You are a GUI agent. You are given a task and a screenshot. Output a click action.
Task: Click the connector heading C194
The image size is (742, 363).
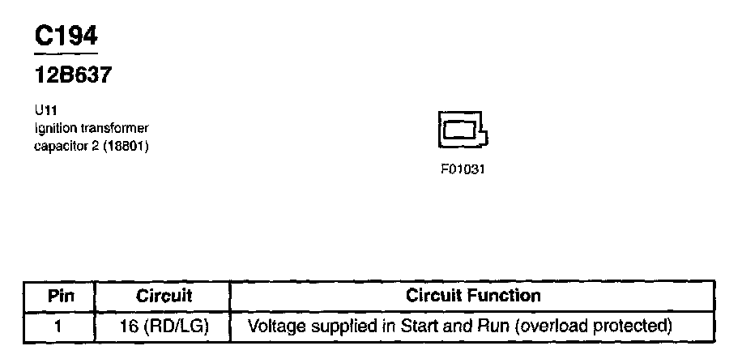click(x=66, y=36)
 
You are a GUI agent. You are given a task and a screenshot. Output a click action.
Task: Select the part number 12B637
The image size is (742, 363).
click(x=72, y=75)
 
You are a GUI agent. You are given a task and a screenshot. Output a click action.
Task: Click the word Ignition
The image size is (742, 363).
click(x=53, y=129)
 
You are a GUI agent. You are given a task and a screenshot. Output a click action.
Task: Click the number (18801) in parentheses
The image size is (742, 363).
click(x=126, y=146)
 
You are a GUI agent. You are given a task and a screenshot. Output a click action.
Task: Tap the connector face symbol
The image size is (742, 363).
click(x=461, y=129)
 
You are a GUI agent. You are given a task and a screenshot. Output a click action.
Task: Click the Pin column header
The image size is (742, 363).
click(x=61, y=296)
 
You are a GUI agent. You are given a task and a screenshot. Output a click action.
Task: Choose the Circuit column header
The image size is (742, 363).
click(x=164, y=296)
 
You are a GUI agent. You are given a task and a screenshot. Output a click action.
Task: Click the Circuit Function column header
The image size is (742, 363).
click(x=473, y=296)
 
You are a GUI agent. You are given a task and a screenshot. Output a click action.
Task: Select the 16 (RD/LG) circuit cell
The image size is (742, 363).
click(x=164, y=327)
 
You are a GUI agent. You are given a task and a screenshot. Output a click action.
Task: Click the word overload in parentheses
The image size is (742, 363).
click(x=552, y=327)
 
